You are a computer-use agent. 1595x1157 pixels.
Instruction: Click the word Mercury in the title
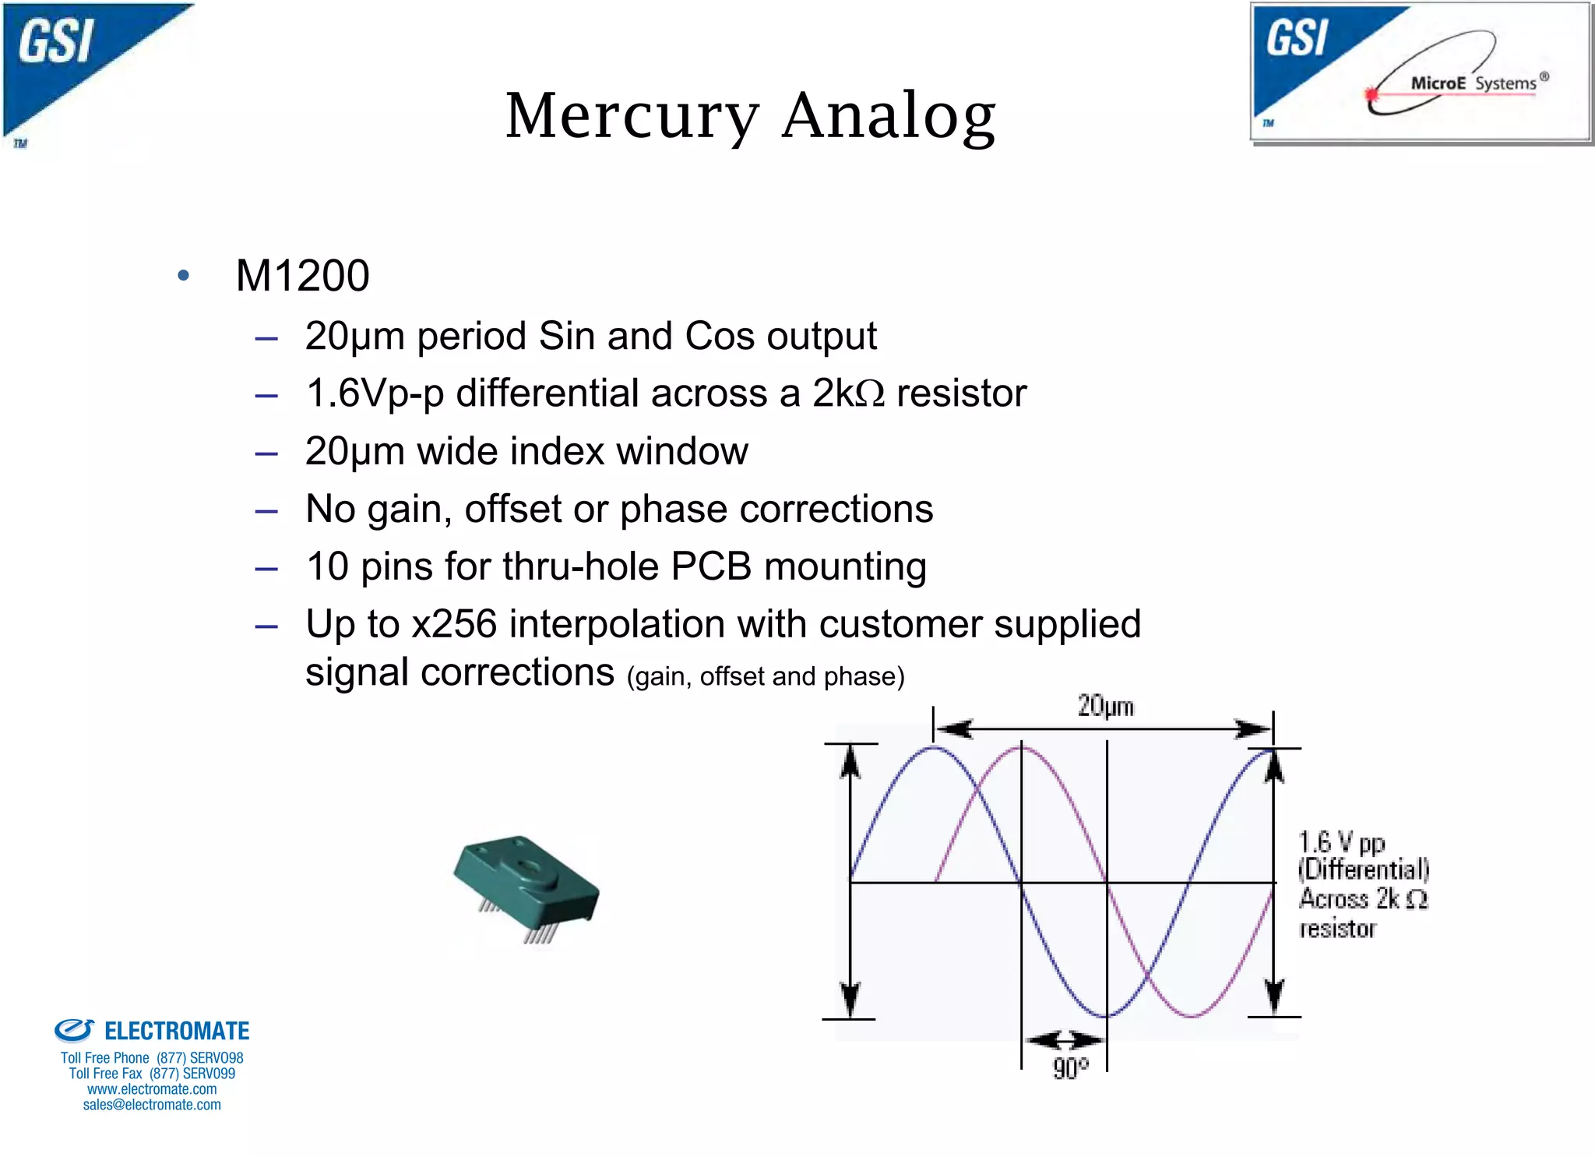[632, 117]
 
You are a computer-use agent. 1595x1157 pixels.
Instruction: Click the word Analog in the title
[889, 117]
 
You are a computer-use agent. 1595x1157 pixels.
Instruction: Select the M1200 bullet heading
[302, 276]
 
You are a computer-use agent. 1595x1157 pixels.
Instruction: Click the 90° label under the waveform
[1071, 1068]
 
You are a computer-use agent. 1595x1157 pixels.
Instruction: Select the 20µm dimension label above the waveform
[1105, 706]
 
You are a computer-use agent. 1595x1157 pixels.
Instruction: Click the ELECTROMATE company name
[177, 1031]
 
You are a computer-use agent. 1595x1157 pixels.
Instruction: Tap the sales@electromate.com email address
[152, 1105]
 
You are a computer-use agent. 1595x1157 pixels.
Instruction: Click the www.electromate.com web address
[152, 1089]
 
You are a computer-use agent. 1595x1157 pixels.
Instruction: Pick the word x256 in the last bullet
[454, 624]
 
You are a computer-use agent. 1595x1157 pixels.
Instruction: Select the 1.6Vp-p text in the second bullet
[375, 393]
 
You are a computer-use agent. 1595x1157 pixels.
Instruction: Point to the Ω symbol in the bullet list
[870, 394]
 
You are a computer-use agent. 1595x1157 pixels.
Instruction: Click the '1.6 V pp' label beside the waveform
[1341, 842]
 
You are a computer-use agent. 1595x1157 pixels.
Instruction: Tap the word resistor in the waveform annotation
[1337, 929]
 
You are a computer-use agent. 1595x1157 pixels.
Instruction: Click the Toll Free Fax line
[152, 1074]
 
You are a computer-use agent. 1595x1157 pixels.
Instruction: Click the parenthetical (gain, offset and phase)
[766, 676]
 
